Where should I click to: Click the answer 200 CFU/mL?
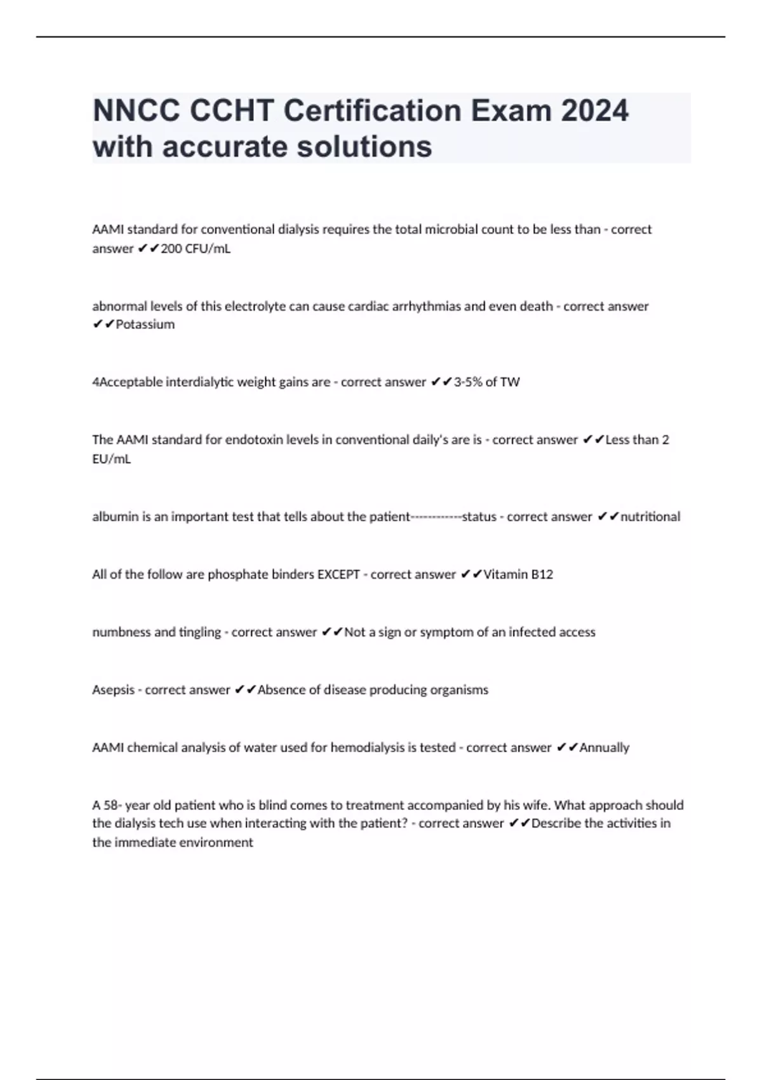(196, 248)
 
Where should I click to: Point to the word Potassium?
(145, 324)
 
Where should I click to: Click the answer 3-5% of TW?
(487, 382)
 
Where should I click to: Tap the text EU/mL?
(112, 459)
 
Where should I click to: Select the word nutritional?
(650, 516)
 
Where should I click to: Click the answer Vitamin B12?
(518, 574)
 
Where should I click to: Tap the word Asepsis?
(114, 690)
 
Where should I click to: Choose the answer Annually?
(605, 748)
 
